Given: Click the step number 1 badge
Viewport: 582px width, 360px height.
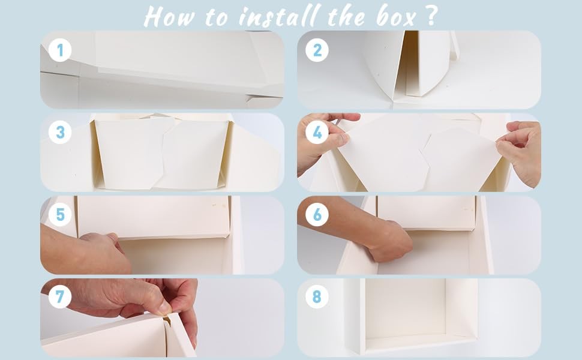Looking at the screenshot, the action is coord(60,50).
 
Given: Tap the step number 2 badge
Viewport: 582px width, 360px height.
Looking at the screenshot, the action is coord(317,50).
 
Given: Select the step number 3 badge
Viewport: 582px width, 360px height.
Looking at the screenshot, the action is coord(60,132).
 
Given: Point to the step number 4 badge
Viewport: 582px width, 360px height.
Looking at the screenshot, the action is coord(317,132).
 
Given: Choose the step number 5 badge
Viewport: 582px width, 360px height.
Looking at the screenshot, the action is coord(60,215).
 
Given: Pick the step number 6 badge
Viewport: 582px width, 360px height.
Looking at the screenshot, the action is coord(317,215).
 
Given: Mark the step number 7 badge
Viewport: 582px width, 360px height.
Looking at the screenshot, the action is coord(60,296).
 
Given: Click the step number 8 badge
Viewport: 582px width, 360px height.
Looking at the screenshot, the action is coord(317,296).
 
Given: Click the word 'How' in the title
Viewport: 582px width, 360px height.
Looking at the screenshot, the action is coord(169,17).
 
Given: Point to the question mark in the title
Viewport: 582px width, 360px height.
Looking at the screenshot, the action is coord(431,16).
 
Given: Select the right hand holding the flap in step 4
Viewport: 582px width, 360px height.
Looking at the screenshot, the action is coord(520,152).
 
